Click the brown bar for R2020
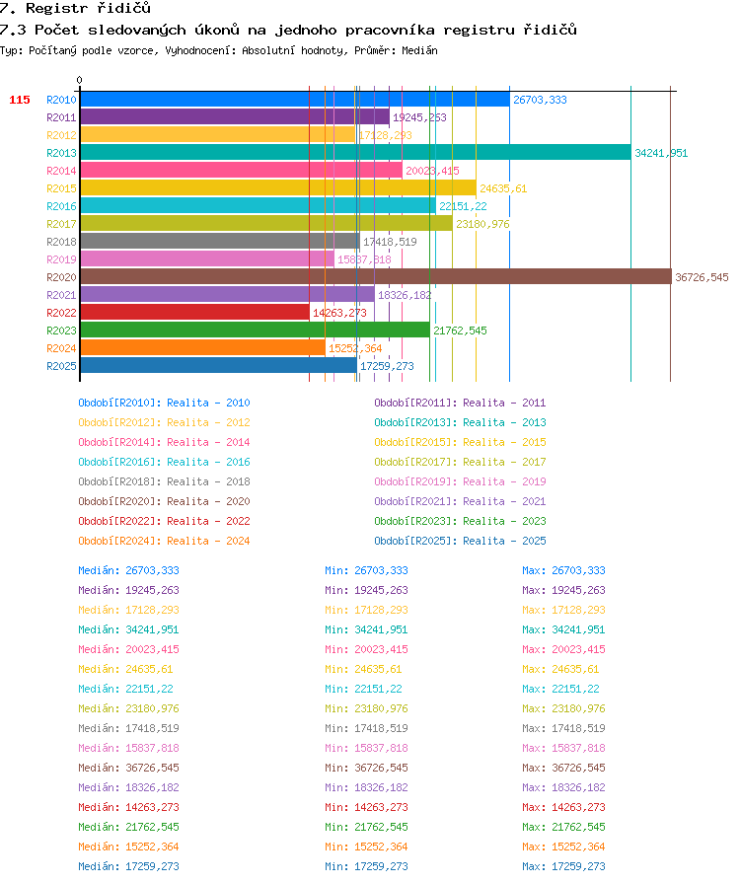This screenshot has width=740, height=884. point(376,277)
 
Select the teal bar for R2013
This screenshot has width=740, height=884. point(356,152)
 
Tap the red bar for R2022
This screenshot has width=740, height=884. point(195,313)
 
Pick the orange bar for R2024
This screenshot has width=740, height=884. point(203,348)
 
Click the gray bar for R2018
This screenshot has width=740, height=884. point(220,242)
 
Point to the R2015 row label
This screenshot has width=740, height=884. point(61,188)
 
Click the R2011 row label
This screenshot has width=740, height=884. point(61,117)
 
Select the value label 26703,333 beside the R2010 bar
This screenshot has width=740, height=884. point(540,100)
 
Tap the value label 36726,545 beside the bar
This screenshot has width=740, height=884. point(702,277)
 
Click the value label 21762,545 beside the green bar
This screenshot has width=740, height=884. point(460,331)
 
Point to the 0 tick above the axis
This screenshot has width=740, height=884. point(80,80)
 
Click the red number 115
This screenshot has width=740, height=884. point(20,100)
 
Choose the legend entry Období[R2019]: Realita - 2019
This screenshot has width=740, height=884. point(460,481)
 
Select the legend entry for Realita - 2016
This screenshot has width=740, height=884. point(164,462)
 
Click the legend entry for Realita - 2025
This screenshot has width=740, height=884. point(460,541)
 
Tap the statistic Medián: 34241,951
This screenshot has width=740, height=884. point(128,629)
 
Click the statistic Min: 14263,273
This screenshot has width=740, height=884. point(366,807)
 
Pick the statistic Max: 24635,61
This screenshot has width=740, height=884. point(560,669)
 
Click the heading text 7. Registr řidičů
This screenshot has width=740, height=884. point(75,8)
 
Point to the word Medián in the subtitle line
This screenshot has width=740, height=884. point(419,50)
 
